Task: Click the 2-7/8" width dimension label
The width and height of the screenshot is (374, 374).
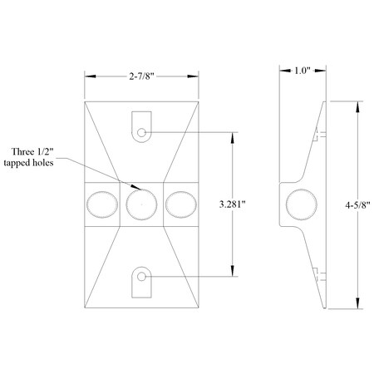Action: (142, 76)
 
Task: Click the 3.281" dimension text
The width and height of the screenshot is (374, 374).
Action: (230, 203)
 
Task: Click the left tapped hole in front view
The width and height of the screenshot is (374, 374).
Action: (102, 204)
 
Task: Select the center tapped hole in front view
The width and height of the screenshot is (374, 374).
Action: (142, 204)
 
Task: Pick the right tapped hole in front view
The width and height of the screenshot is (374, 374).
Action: (180, 204)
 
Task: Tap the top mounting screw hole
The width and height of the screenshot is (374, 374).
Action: (142, 132)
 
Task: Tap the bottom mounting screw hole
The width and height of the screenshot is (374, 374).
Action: (142, 276)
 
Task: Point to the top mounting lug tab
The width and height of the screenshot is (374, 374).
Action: (142, 125)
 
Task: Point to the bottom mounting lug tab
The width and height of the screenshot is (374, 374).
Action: (142, 283)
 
